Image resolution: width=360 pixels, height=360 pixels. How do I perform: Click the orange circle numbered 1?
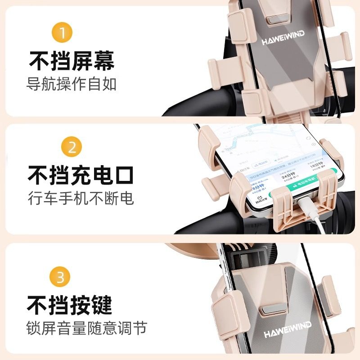[x=63, y=33]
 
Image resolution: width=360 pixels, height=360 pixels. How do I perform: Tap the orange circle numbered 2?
[x=72, y=148]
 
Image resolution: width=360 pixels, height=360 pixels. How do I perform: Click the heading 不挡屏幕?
[x=72, y=61]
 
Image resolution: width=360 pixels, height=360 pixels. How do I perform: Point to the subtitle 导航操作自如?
[x=72, y=84]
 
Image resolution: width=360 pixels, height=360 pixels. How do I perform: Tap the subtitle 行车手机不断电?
[x=81, y=198]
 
